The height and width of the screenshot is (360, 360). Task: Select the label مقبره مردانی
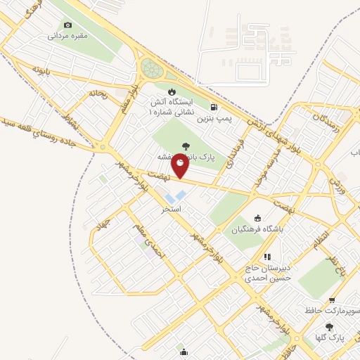pos(68,35)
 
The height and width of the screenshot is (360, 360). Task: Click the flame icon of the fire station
pos(172,92)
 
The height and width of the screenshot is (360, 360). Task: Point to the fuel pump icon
pos(213,107)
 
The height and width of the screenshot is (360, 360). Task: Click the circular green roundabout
pos(150,69)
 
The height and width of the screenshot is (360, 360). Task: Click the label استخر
pos(172,209)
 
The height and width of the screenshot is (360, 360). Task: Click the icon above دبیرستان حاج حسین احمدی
pos(266,257)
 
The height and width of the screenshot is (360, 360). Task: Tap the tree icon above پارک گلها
pos(329,326)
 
